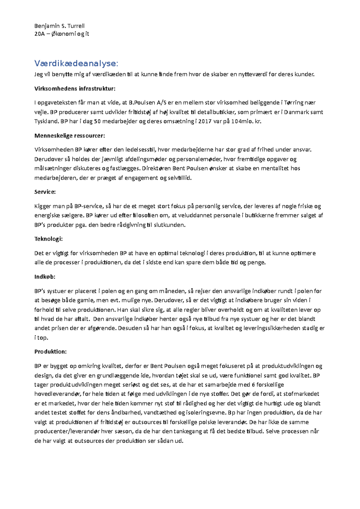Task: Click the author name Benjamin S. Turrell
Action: click(x=59, y=26)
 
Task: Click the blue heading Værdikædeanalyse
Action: click(x=76, y=63)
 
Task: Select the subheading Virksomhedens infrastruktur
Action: click(x=75, y=88)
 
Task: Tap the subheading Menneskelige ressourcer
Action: click(x=70, y=135)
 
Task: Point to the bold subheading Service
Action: click(x=45, y=192)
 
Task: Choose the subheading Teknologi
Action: click(x=48, y=239)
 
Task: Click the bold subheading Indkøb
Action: click(x=45, y=277)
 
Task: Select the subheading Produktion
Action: click(x=50, y=352)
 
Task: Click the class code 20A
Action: click(x=39, y=34)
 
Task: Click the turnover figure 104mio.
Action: click(x=242, y=122)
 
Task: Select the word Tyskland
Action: click(x=46, y=122)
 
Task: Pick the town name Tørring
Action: click(x=293, y=103)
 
